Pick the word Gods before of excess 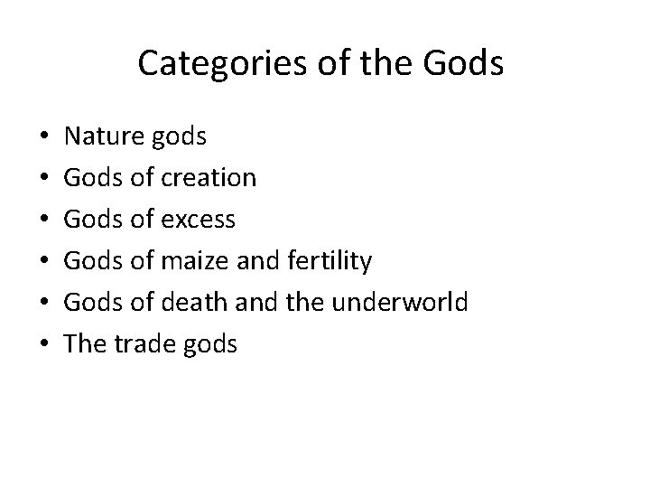(x=94, y=220)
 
